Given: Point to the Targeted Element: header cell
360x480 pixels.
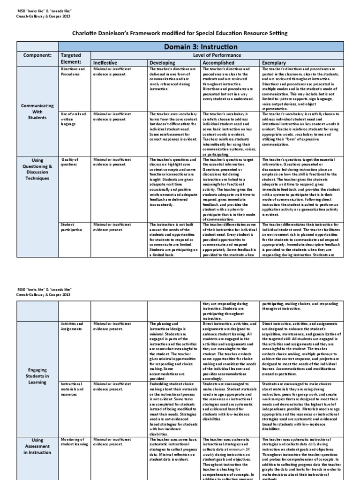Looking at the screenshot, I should pos(71,58).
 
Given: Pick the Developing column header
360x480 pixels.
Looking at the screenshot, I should pos(162,62).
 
